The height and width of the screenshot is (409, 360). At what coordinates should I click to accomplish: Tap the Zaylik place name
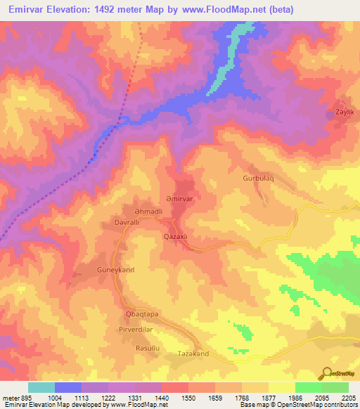pos(342,112)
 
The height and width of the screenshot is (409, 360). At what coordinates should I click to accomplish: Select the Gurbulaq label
pos(257,178)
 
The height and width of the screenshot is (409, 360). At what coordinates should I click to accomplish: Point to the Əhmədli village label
pos(148,212)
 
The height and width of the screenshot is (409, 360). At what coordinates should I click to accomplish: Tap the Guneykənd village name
pos(115,269)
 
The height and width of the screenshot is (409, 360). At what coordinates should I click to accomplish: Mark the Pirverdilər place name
pos(146,329)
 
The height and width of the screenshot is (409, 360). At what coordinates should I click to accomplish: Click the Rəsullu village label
pos(148,348)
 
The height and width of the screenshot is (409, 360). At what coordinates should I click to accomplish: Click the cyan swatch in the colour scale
pos(41,387)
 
